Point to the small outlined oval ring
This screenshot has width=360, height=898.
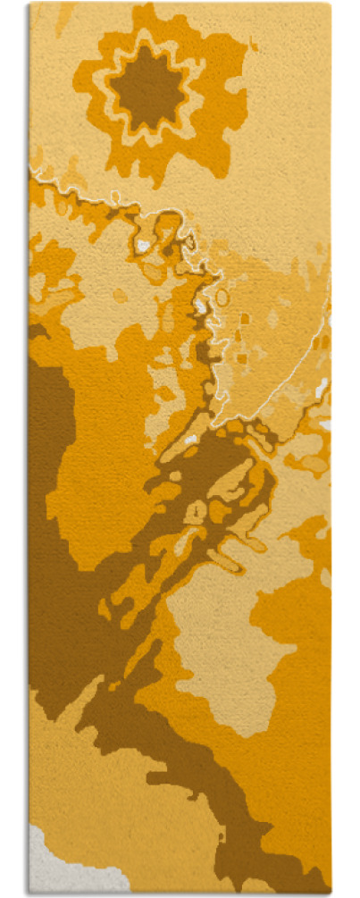(222, 297)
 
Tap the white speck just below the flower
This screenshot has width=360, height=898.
(143, 244)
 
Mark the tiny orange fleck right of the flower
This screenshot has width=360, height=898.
(253, 45)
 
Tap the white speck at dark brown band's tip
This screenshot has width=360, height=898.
(190, 439)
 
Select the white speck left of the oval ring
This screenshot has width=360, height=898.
(200, 307)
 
